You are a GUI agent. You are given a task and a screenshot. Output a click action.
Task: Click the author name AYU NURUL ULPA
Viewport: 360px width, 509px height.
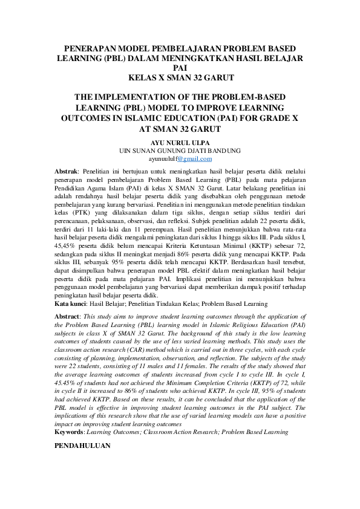[180, 143]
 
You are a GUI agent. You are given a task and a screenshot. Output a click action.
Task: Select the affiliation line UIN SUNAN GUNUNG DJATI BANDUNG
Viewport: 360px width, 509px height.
[180, 151]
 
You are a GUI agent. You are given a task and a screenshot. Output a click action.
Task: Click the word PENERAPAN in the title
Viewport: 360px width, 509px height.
[88, 48]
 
